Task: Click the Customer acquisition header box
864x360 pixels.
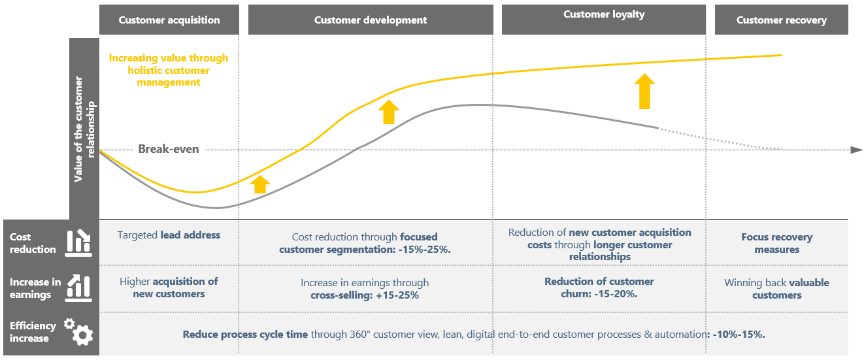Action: (x=169, y=20)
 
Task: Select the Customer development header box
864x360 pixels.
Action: (x=371, y=20)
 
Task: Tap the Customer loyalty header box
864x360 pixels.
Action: (x=604, y=20)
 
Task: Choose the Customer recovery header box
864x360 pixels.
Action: (x=782, y=20)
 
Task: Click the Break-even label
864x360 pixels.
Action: (x=169, y=149)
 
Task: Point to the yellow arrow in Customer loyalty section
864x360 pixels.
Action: (x=644, y=91)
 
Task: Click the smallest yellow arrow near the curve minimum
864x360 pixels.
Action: (x=260, y=184)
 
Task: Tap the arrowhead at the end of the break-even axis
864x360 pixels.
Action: (x=856, y=150)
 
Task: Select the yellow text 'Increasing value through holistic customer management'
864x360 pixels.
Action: (x=169, y=70)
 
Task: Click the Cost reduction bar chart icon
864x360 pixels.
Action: (x=78, y=243)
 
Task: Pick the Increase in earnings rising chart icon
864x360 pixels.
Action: (x=78, y=288)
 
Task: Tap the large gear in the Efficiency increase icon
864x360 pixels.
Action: (x=83, y=335)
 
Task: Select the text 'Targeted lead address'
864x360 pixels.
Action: (x=169, y=235)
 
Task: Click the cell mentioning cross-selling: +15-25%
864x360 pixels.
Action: (x=365, y=289)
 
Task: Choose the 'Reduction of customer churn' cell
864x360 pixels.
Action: (x=599, y=287)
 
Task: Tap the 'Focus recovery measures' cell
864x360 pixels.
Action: (x=777, y=243)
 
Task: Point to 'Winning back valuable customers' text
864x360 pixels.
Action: (x=777, y=289)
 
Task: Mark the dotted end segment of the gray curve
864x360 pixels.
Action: (x=720, y=139)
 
